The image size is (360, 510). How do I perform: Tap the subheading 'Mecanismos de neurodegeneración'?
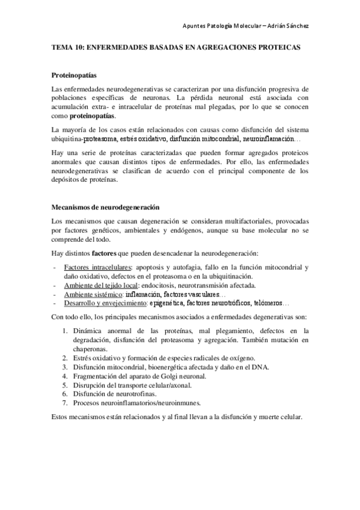point(105,207)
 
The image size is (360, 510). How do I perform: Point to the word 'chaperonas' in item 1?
point(90,348)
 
